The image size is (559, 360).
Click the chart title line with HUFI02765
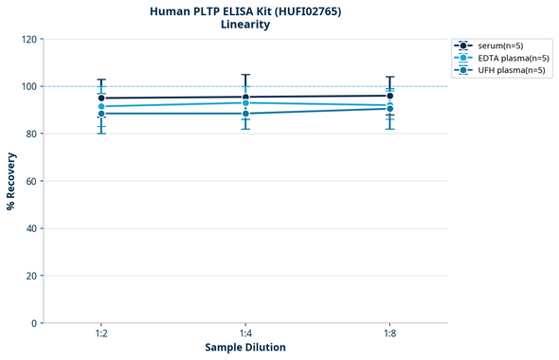tap(245, 11)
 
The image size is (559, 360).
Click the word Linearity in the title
tap(245, 26)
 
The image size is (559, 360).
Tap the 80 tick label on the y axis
tap(31, 134)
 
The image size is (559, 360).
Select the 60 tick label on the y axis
tap(31, 181)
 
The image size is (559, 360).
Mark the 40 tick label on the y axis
tap(31, 228)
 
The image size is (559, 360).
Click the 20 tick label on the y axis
tap(31, 276)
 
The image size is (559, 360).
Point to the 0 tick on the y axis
tap(34, 323)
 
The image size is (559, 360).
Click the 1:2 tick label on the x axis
tap(101, 334)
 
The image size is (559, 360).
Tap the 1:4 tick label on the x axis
tap(245, 334)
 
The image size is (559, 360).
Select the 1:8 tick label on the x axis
tap(389, 334)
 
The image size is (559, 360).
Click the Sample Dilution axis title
tap(245, 348)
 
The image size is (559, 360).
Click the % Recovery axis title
tap(11, 181)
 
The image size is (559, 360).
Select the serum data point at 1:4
tap(245, 97)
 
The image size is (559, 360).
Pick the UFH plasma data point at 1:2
tap(101, 114)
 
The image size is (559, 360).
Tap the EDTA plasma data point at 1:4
tap(245, 102)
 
